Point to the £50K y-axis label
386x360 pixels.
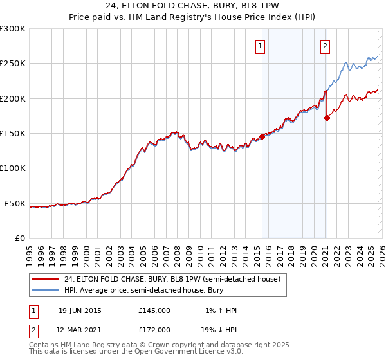[x=15, y=203]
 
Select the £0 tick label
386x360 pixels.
[x=21, y=239]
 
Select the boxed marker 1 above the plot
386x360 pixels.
[x=261, y=46]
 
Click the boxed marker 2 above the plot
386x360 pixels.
[x=326, y=46]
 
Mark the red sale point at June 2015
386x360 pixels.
[x=262, y=136]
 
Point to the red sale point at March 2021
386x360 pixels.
[x=327, y=118]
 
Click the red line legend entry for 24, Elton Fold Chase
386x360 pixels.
[x=172, y=280]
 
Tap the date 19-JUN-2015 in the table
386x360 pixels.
[x=80, y=310]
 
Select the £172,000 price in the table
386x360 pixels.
[x=154, y=329]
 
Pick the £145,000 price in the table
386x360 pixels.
[x=154, y=310]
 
